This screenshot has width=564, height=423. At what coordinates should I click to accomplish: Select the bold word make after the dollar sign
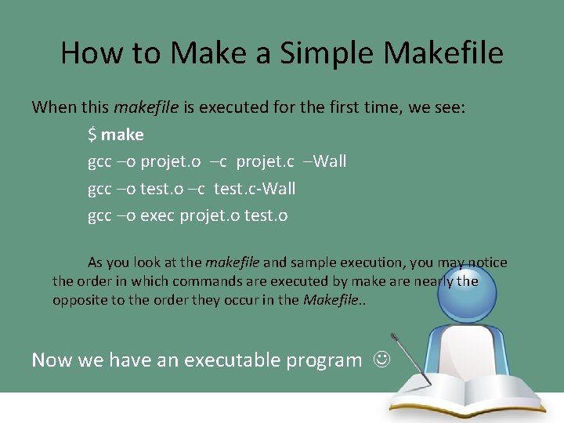click(122, 135)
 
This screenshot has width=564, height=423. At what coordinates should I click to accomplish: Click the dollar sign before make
click(92, 135)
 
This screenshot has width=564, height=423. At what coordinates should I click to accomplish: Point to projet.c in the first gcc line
click(265, 161)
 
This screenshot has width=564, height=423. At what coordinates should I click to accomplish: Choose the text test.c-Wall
click(255, 189)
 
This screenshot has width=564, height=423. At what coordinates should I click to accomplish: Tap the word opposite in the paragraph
click(80, 301)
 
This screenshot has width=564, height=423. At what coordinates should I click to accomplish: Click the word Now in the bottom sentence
click(50, 360)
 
